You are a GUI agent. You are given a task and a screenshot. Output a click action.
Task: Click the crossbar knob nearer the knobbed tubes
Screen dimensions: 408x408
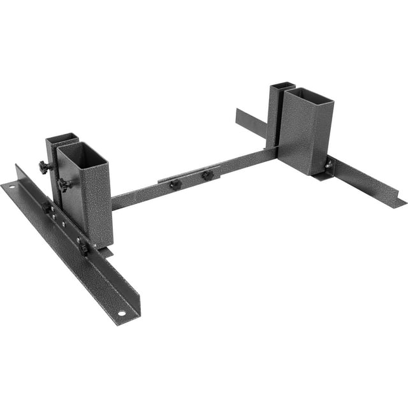(174, 184)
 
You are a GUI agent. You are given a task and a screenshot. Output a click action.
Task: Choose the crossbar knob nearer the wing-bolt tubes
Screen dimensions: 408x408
(206, 175)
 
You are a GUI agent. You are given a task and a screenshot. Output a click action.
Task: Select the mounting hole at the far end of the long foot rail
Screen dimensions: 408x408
(11, 186)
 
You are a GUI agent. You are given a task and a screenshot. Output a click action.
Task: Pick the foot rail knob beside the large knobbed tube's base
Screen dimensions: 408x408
(84, 246)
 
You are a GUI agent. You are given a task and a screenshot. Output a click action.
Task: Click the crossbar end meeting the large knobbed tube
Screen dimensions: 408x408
(118, 203)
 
